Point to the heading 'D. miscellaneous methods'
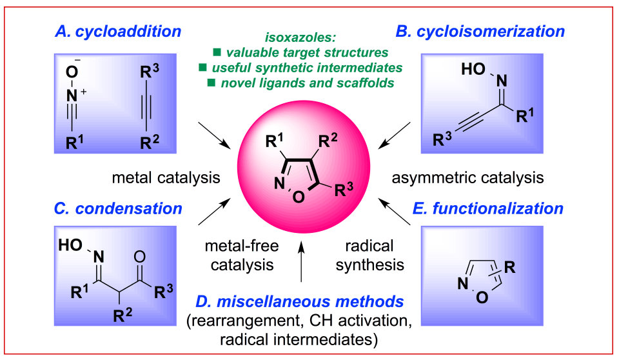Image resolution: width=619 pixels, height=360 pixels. [x=302, y=301]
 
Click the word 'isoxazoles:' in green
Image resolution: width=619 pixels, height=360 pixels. [x=302, y=37]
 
